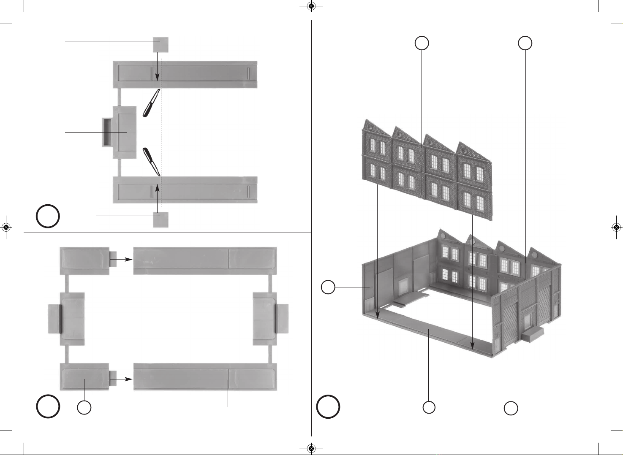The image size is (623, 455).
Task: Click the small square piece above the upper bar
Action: click(161, 45)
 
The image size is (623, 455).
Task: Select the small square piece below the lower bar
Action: click(161, 220)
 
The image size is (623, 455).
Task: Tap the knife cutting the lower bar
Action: click(151, 161)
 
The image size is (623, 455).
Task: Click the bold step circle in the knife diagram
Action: click(48, 216)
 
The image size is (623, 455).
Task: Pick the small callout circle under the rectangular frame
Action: click(84, 408)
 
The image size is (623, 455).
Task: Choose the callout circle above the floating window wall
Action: click(422, 43)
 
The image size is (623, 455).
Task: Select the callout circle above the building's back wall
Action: click(525, 43)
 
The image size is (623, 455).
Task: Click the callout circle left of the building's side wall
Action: click(328, 287)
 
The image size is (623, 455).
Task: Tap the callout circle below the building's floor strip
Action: click(429, 407)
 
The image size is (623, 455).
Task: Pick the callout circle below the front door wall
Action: click(511, 408)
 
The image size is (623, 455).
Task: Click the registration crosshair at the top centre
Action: click(311, 6)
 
